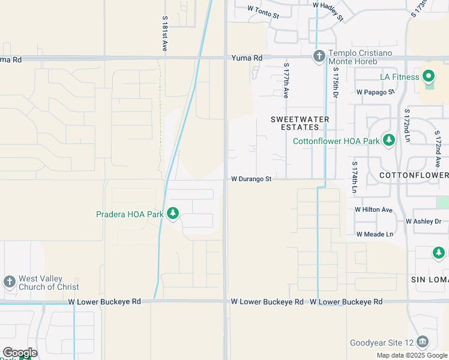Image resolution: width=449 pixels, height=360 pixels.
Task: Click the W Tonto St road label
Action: [x=264, y=11]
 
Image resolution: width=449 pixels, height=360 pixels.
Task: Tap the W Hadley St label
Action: [x=328, y=11]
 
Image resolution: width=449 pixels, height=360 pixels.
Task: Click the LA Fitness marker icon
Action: [x=429, y=77]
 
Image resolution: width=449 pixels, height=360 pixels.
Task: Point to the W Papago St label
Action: [x=375, y=92]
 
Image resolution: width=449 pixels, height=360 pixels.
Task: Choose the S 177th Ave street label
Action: [x=286, y=80]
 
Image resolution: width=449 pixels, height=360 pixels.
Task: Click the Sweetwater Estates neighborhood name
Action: [x=300, y=123]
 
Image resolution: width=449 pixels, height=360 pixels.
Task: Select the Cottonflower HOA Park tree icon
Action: [x=389, y=141]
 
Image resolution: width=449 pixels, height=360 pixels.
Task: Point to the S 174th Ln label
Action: [x=355, y=178]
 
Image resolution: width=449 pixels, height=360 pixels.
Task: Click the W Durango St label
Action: [x=252, y=179]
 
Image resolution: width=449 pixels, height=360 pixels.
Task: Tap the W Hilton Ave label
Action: [x=373, y=210]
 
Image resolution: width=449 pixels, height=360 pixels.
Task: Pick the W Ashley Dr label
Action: [x=423, y=221]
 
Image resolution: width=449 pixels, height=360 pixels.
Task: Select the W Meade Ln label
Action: [x=375, y=234]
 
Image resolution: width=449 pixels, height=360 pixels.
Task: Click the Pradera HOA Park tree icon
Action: [x=173, y=214]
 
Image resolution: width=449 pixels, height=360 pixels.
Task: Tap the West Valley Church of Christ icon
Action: [x=9, y=282]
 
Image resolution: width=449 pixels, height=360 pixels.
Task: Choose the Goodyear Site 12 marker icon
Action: [x=422, y=343]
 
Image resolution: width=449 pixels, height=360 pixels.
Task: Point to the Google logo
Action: [x=19, y=353]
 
